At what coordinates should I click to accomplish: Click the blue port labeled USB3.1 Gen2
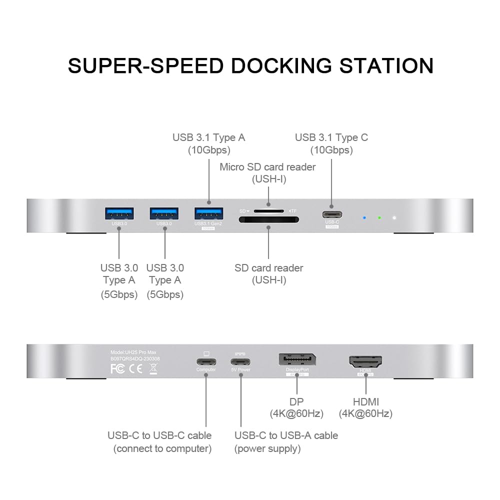point(209,212)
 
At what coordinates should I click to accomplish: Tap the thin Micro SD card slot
point(268,210)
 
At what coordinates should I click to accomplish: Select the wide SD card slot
point(268,219)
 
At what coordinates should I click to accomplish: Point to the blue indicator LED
point(364,218)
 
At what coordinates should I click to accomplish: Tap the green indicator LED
point(379,218)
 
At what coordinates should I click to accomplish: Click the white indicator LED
point(394,218)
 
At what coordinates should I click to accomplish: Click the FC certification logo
point(117,369)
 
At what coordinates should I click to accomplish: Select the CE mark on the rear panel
point(134,369)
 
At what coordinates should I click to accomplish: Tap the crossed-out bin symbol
point(152,369)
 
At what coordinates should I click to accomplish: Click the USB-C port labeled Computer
point(206,361)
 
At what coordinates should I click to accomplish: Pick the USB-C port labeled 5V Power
point(240,361)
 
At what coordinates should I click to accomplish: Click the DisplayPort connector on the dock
point(297,360)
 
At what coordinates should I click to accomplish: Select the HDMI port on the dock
point(365,361)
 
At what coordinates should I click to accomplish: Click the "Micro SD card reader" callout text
point(267,167)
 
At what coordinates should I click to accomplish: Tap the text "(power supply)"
point(267,448)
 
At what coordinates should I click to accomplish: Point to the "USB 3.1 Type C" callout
point(331,137)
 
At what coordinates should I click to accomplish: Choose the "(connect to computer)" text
point(162,448)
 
